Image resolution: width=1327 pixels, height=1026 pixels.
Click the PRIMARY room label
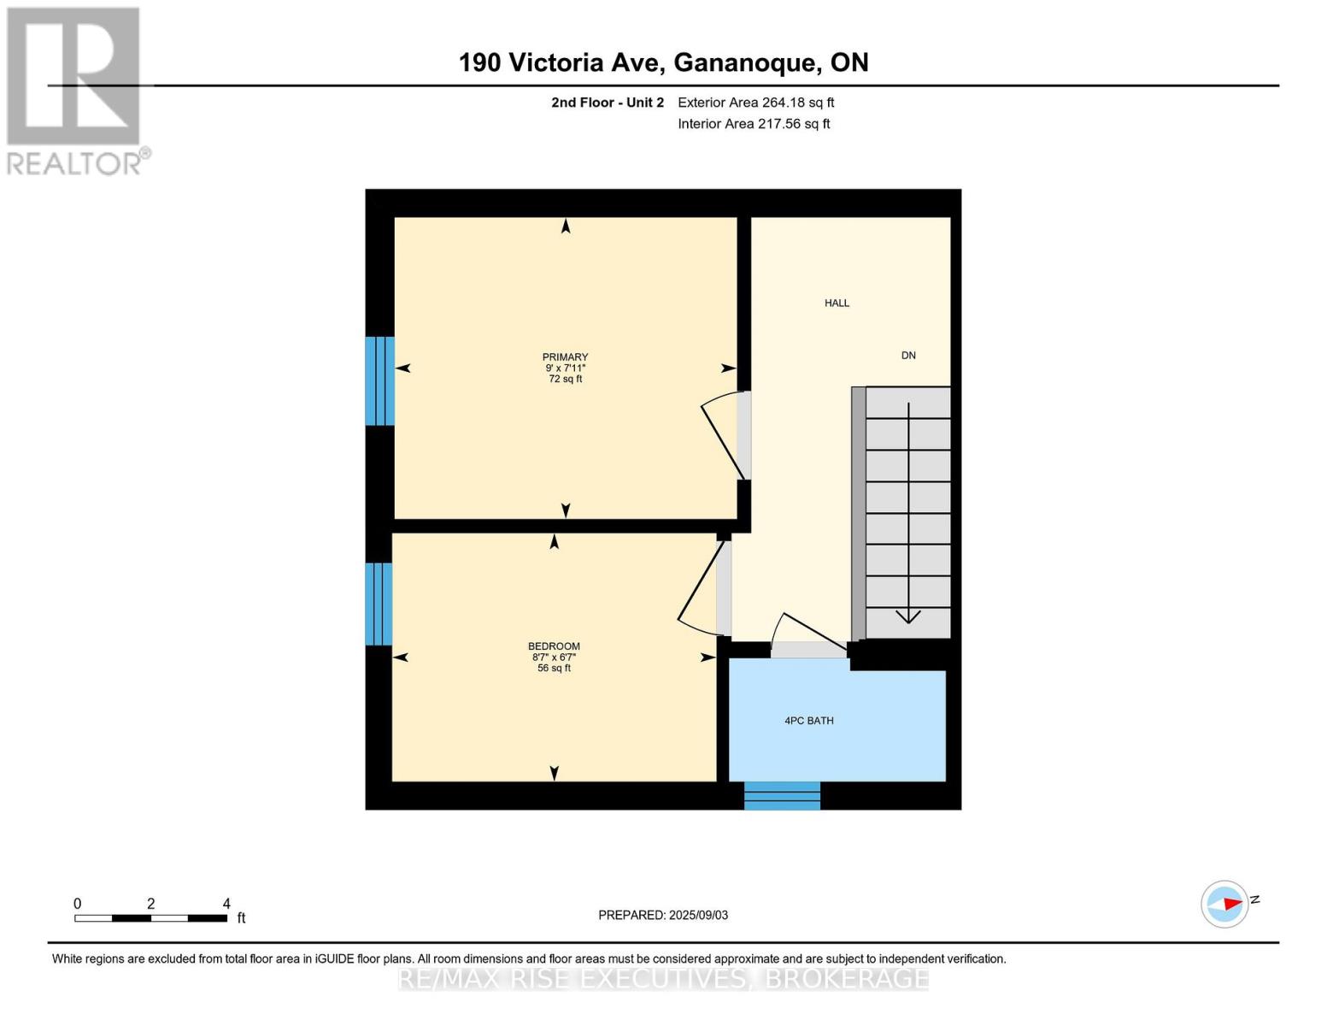(565, 357)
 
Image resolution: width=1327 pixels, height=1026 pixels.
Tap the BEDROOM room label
(554, 646)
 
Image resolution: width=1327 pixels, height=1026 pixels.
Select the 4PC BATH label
(808, 721)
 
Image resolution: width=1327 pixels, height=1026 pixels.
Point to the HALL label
(837, 303)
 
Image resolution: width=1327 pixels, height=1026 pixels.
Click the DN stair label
(908, 356)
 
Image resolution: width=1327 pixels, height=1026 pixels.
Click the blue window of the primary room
(379, 381)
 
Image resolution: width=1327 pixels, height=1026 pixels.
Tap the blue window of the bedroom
(379, 604)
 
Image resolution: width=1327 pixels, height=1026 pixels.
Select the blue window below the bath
(782, 796)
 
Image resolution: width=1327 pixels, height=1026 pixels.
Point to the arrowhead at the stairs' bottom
(907, 616)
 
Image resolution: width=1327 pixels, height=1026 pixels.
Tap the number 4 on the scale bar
(226, 904)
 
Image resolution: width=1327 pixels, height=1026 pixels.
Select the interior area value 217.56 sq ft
(794, 124)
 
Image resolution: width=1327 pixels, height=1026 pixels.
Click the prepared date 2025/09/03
(698, 915)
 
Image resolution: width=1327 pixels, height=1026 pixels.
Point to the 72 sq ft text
(565, 379)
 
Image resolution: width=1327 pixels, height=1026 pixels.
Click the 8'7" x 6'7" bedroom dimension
(554, 657)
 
